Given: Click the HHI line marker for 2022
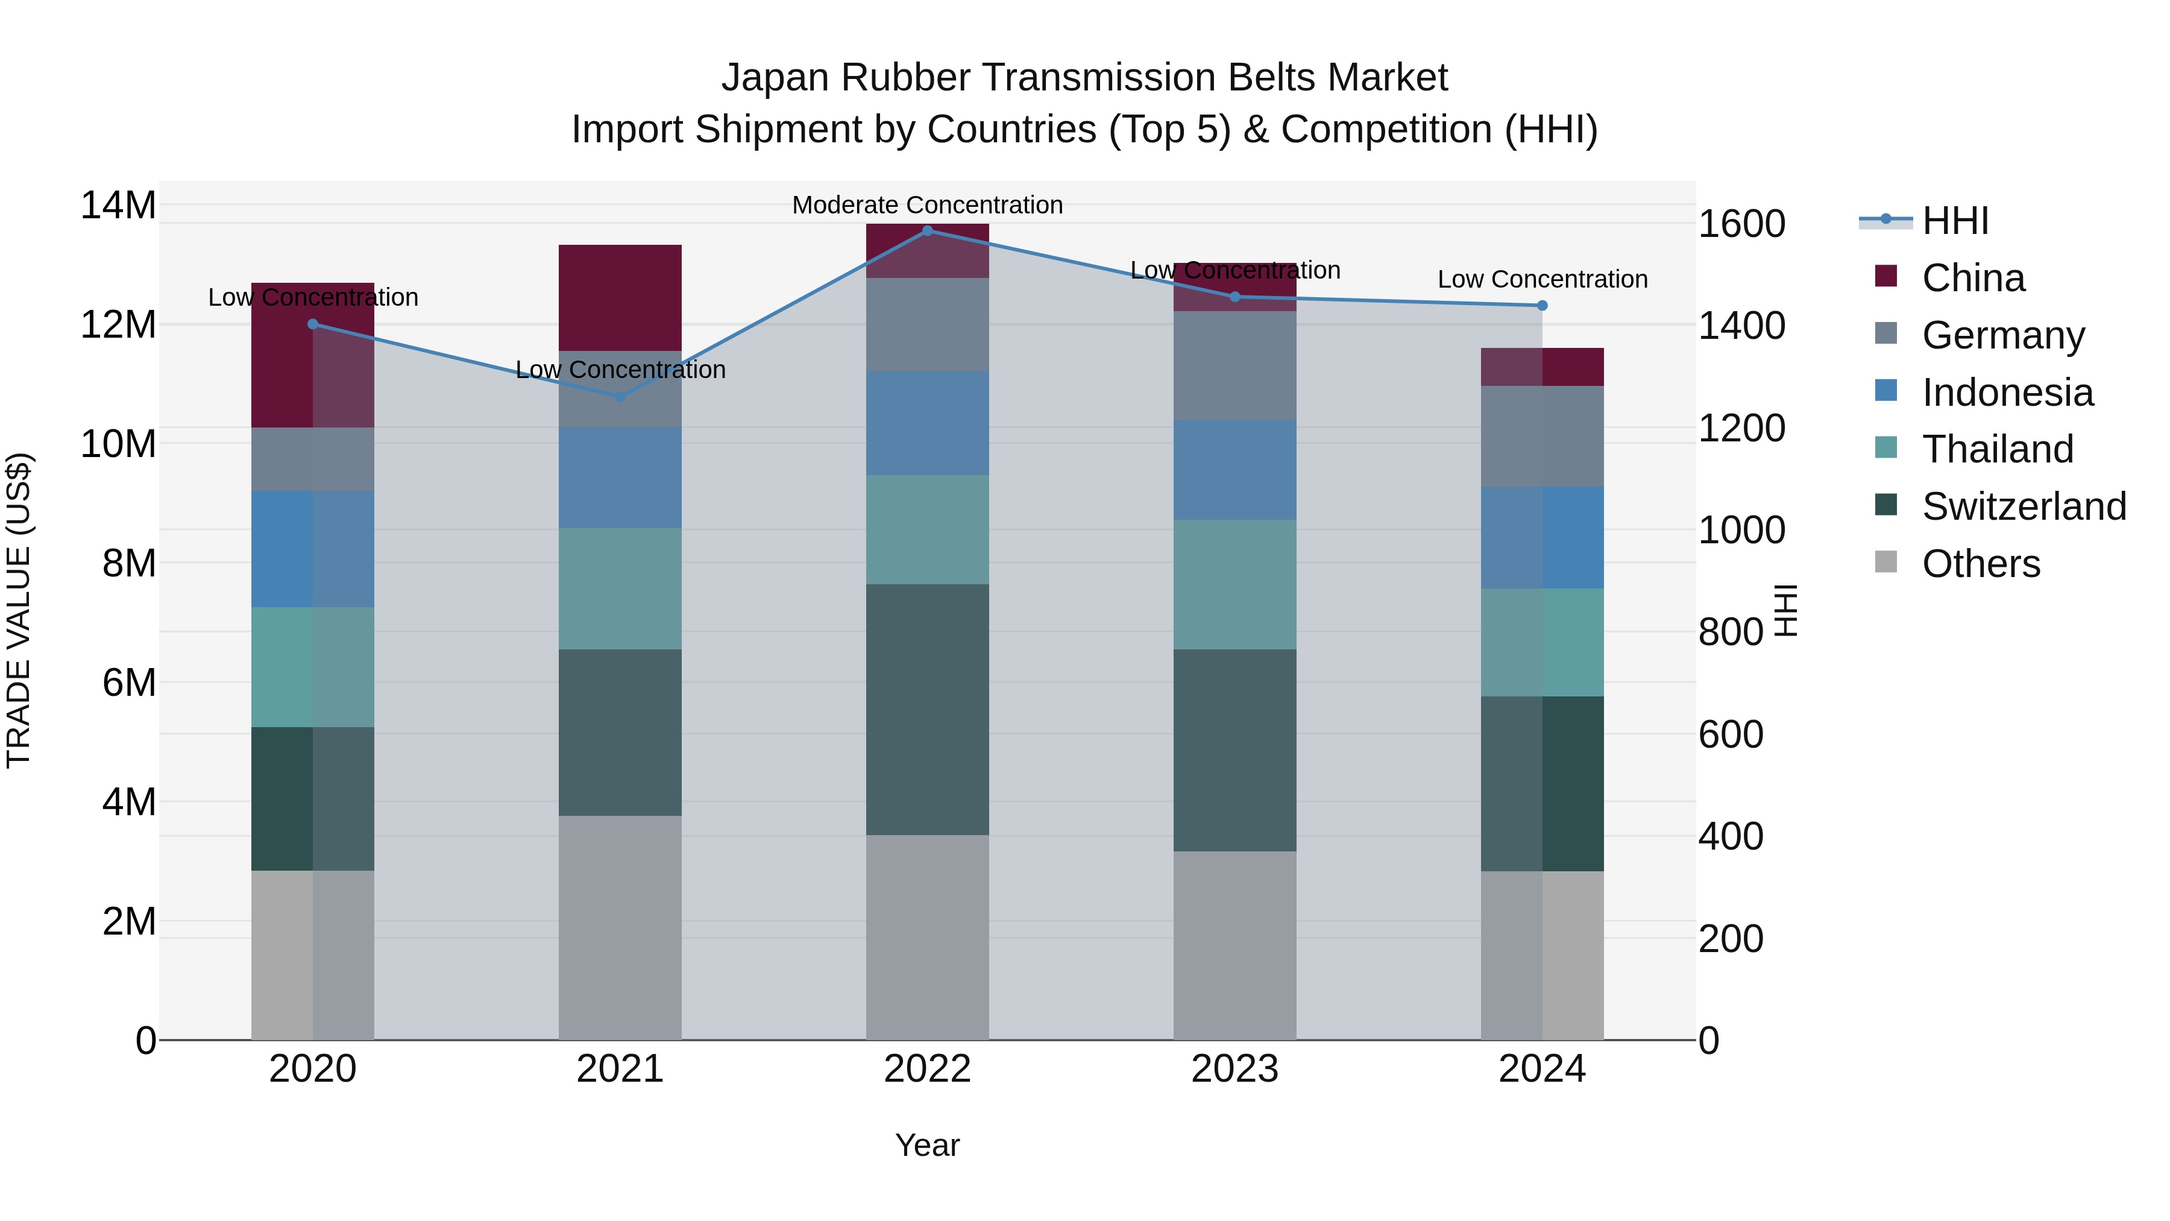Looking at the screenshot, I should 928,230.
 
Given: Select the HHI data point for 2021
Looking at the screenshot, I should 620,396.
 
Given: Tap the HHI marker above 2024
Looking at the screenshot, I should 1543,305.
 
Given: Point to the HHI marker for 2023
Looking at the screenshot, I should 1235,297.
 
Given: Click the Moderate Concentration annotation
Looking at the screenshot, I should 928,205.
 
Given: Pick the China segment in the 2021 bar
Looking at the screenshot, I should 620,297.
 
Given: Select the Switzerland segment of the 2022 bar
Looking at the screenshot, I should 928,710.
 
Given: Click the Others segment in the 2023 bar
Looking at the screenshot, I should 1235,945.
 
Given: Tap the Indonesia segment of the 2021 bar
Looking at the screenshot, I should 620,477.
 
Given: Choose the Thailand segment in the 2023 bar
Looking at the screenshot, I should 1235,584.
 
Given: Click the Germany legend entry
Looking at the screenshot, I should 2002,335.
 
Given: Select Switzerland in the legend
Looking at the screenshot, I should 2024,506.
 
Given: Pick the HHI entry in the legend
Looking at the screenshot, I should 1954,221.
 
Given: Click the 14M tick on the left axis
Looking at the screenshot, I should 118,206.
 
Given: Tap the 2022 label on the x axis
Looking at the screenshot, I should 928,1069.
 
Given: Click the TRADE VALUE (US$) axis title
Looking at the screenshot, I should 19,610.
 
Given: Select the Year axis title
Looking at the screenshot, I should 928,1145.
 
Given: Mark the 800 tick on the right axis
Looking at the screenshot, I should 1731,632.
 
